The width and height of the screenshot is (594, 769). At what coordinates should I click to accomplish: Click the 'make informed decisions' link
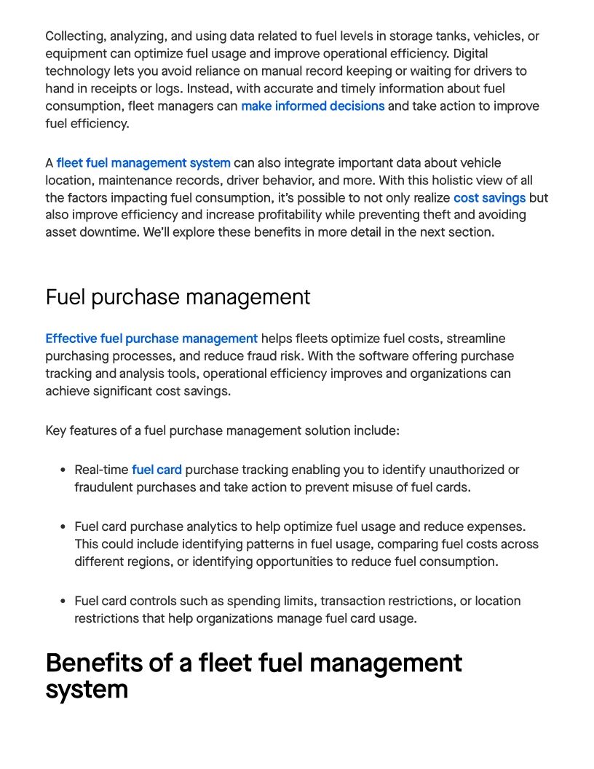312,106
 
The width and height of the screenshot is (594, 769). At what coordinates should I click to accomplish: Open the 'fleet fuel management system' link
143,163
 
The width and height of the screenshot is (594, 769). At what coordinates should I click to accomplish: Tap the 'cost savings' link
489,198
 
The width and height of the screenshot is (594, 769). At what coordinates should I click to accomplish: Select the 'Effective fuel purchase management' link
151,339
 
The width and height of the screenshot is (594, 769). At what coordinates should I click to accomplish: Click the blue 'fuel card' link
157,470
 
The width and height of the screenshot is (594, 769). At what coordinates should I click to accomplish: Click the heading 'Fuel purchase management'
178,297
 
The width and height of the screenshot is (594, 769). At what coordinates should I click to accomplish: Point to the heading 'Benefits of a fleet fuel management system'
253,676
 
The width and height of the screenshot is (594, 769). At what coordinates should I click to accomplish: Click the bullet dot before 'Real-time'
63,470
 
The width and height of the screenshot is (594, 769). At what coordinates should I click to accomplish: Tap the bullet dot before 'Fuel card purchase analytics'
63,527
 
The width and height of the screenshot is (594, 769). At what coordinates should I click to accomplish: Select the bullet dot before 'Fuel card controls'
63,602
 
